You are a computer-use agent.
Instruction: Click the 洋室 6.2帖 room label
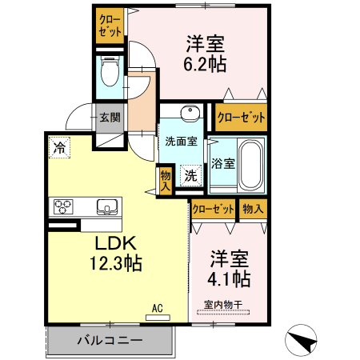click(x=206, y=53)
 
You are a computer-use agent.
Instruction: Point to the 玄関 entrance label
click(x=109, y=118)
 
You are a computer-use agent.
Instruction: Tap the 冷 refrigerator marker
click(x=59, y=146)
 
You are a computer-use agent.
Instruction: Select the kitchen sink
click(x=106, y=206)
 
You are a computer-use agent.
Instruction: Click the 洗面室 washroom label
click(x=181, y=142)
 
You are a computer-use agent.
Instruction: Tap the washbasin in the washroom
click(x=189, y=113)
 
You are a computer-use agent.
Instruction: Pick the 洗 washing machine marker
click(x=190, y=174)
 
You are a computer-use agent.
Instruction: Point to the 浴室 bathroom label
click(x=224, y=164)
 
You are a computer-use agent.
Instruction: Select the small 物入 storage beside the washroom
click(x=165, y=178)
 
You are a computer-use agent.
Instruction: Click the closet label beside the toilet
click(x=109, y=26)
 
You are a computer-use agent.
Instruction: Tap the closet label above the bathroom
click(x=241, y=118)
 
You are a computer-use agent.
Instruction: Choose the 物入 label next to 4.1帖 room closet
click(x=253, y=209)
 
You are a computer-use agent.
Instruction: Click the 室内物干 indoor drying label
click(x=222, y=304)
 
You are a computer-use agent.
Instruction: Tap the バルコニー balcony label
click(x=110, y=340)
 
